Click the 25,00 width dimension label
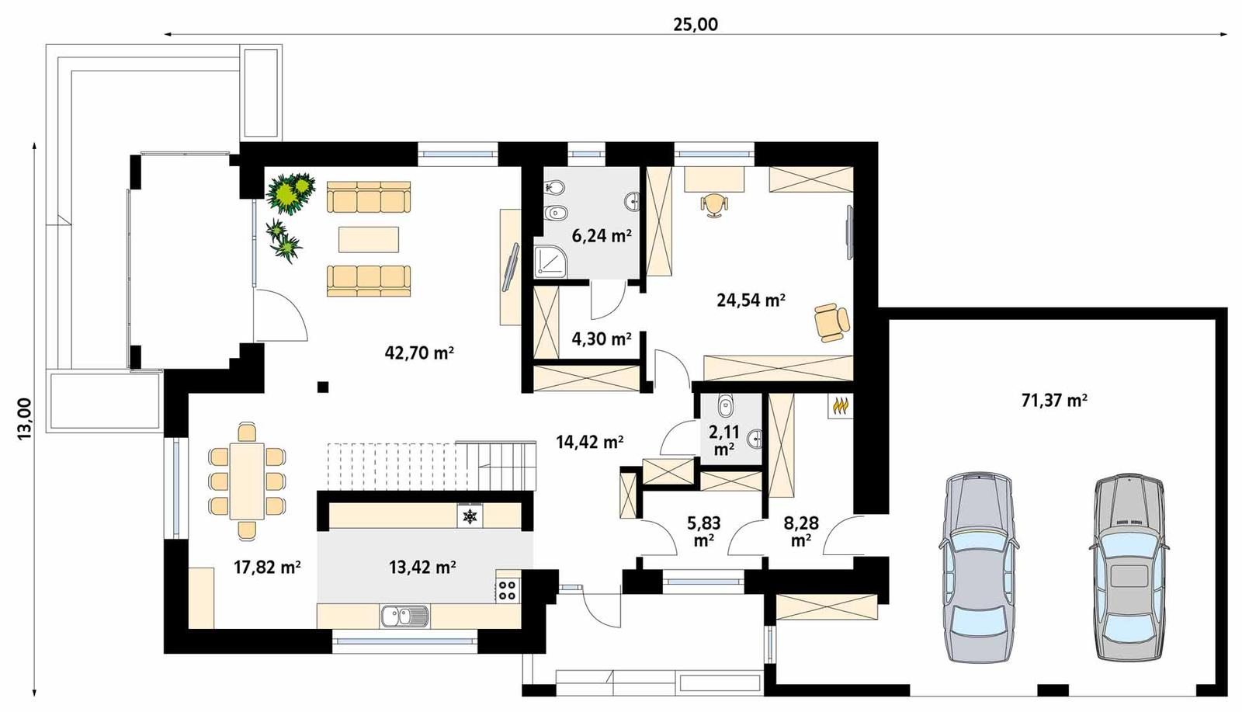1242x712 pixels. pyautogui.click(x=695, y=24)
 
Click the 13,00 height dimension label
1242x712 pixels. pyautogui.click(x=24, y=419)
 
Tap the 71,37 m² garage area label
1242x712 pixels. pyautogui.click(x=1053, y=401)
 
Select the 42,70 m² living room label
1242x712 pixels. pyautogui.click(x=419, y=353)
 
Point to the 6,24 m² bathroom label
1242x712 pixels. pyautogui.click(x=601, y=236)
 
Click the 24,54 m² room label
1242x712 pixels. pyautogui.click(x=751, y=300)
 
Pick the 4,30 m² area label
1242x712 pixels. pyautogui.click(x=601, y=339)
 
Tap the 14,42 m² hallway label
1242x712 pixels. pyautogui.click(x=589, y=442)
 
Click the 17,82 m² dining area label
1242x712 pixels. pyautogui.click(x=267, y=567)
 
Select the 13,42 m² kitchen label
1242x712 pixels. pyautogui.click(x=422, y=567)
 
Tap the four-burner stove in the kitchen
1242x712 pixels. pyautogui.click(x=507, y=590)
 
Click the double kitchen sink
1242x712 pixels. pyautogui.click(x=404, y=616)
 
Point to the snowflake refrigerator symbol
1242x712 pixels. pyautogui.click(x=469, y=516)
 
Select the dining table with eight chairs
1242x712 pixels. pyautogui.click(x=248, y=481)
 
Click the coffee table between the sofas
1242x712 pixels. pyautogui.click(x=369, y=239)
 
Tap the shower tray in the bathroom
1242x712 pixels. pyautogui.click(x=552, y=262)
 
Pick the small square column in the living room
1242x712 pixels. pyautogui.click(x=322, y=387)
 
